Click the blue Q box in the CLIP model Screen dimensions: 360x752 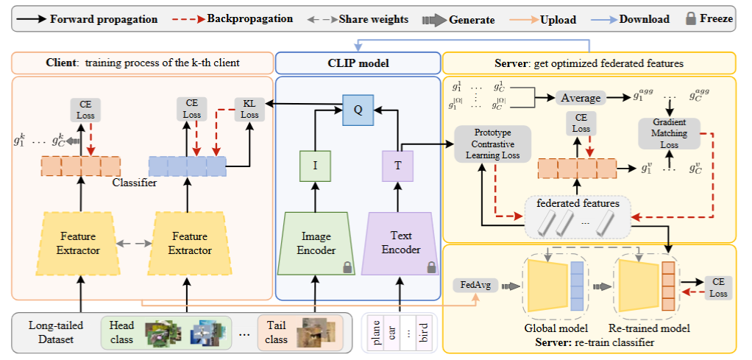(x=358, y=111)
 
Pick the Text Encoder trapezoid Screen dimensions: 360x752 (x=400, y=244)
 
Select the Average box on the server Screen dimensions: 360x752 (x=581, y=97)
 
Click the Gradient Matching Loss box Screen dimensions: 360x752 (x=669, y=133)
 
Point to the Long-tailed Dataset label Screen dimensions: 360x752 (x=56, y=331)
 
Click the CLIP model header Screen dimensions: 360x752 (x=357, y=63)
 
